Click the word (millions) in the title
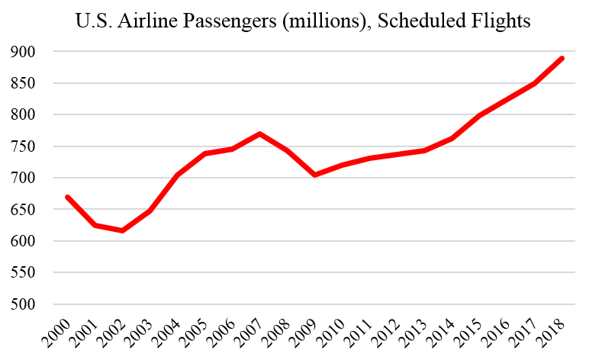click(323, 21)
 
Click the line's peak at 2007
click(260, 134)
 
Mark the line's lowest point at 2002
click(123, 230)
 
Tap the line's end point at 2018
click(562, 58)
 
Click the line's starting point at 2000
click(68, 197)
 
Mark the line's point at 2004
click(178, 175)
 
